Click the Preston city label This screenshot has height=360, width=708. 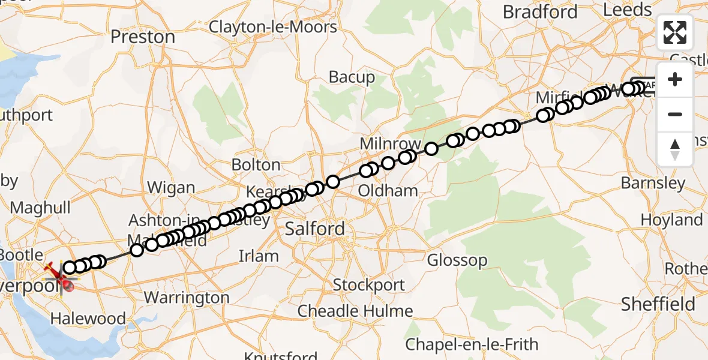coord(143,37)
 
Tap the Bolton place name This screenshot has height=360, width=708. coord(256,165)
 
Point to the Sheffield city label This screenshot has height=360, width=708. coord(658,304)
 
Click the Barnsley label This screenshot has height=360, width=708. coord(653,183)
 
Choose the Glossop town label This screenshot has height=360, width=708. coord(457,260)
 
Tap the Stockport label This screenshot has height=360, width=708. coord(368,284)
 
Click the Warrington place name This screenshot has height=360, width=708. coord(187,298)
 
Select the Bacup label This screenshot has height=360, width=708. coord(352,77)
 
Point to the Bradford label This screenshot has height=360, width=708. coord(540,12)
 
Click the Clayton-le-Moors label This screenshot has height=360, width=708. coord(273,27)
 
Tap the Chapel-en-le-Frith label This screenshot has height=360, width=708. coord(471,345)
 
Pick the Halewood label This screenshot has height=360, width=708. coord(88,319)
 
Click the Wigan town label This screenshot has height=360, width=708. coord(171,188)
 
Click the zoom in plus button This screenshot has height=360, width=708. coord(675,80)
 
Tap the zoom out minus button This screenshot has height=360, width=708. coord(675,115)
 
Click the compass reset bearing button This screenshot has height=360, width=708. coord(675,149)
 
